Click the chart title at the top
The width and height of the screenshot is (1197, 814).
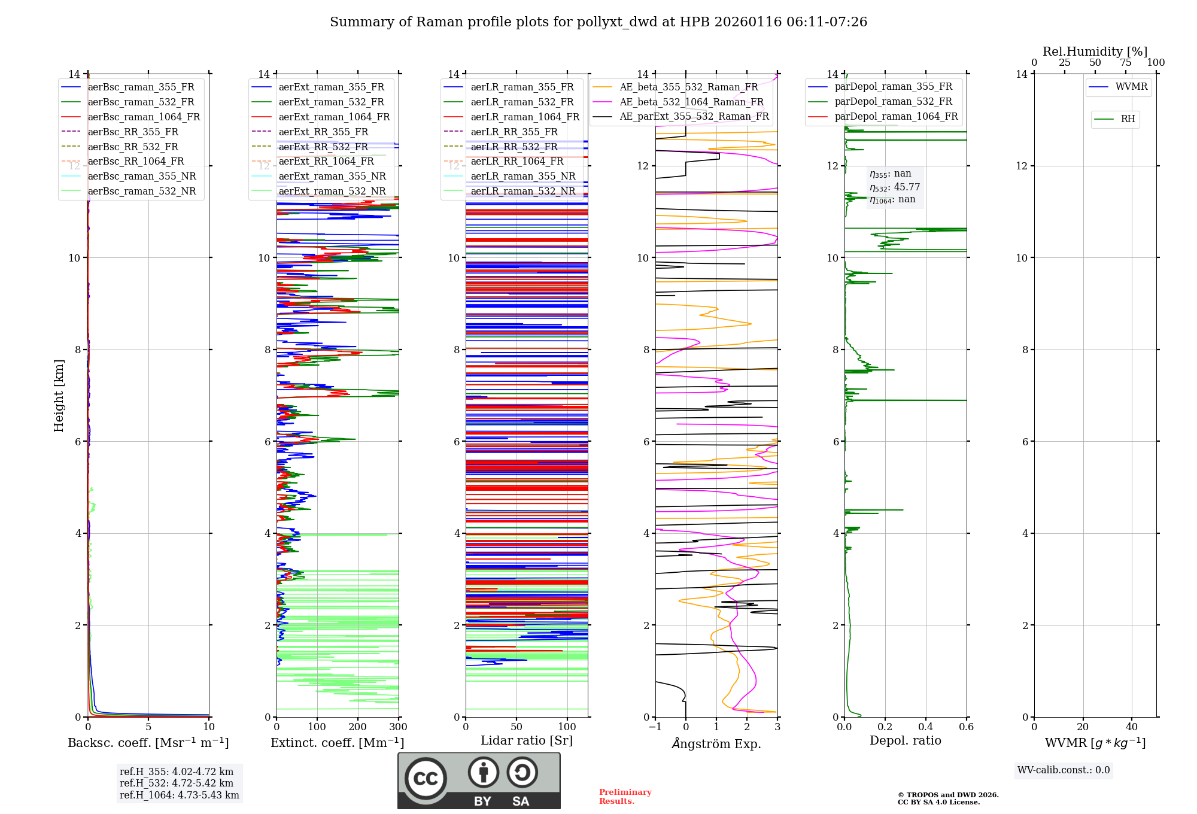click(x=598, y=22)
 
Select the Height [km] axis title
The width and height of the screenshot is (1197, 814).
click(x=59, y=395)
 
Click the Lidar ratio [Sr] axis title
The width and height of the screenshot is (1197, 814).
click(x=526, y=740)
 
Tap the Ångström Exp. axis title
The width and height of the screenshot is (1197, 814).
click(x=716, y=743)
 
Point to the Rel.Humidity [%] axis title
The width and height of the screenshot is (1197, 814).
click(x=1095, y=51)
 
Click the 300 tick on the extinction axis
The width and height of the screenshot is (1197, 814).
click(x=398, y=727)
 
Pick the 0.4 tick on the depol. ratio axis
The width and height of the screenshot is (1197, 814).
click(x=925, y=727)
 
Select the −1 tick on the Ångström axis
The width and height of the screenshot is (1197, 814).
click(x=655, y=727)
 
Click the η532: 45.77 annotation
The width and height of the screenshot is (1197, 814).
click(x=895, y=187)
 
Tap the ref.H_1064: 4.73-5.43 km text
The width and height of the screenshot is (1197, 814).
click(x=179, y=795)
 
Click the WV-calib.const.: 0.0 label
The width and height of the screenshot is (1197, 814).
click(x=1064, y=770)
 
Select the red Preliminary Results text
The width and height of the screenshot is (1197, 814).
click(x=625, y=796)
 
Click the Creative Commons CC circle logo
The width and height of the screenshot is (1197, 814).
click(x=426, y=779)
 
